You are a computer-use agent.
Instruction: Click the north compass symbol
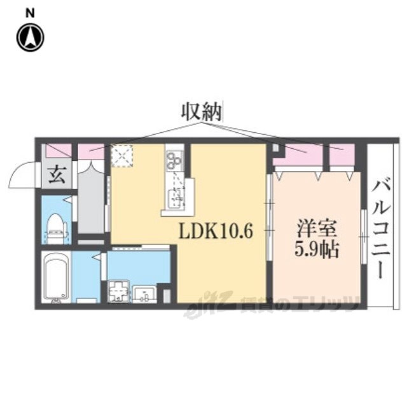tap(30, 38)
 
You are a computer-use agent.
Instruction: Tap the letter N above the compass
tap(30, 12)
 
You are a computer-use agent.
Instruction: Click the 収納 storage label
tap(202, 113)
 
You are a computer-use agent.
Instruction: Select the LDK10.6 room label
tap(216, 231)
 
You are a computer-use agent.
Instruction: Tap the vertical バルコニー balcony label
tap(382, 226)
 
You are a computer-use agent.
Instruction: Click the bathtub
tap(55, 279)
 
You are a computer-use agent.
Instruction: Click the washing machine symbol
tap(118, 293)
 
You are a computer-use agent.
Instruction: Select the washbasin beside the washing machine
tap(145, 293)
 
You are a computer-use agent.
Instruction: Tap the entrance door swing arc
tap(24, 174)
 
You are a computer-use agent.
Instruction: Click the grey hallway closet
tap(91, 197)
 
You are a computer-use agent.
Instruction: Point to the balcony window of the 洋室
tap(362, 235)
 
